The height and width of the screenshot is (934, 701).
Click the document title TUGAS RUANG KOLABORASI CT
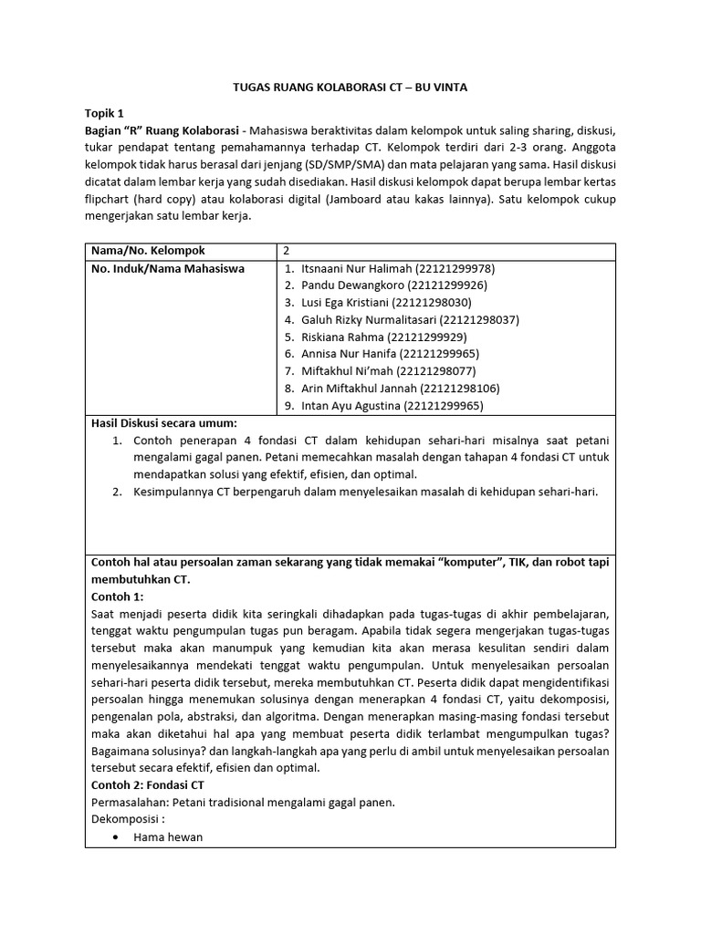(350, 87)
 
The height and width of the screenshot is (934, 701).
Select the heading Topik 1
(103, 114)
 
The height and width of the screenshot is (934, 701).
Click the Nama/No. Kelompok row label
(148, 251)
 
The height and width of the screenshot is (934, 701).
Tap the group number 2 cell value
(287, 251)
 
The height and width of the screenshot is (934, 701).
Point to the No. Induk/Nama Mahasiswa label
(168, 269)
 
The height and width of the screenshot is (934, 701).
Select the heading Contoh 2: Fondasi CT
(148, 784)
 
